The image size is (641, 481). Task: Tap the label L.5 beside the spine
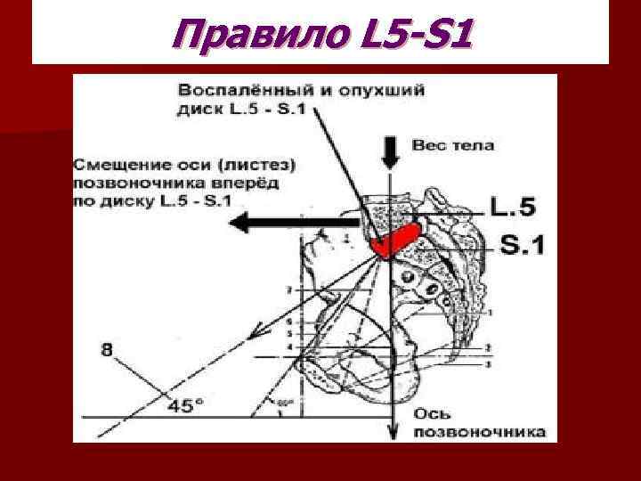point(515,208)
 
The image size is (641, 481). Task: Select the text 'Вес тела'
point(453,144)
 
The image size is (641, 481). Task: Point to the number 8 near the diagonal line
point(108,351)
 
